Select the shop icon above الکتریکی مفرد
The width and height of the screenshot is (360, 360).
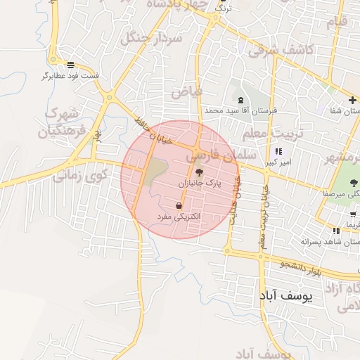179,206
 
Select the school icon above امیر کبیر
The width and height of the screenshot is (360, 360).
278,152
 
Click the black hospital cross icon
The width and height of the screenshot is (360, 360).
353,99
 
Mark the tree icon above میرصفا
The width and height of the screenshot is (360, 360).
353,182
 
